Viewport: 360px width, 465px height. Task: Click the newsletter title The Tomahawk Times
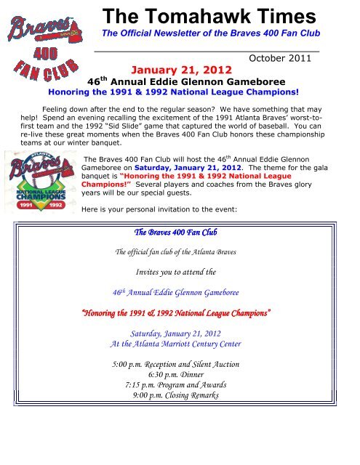[209, 17]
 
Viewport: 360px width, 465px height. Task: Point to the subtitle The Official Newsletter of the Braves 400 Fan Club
[209, 35]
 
